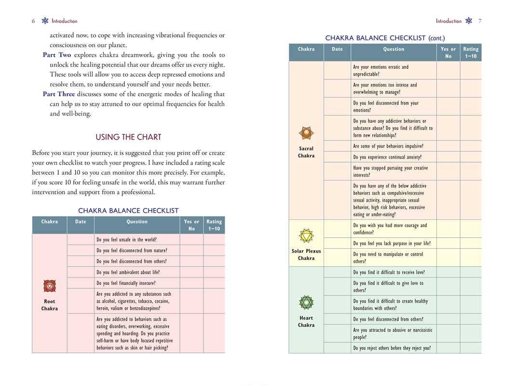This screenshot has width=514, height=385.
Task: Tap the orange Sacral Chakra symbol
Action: point(306,133)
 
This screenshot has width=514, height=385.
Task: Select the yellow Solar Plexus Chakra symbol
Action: point(306,236)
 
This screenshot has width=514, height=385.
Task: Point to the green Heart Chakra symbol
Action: point(306,303)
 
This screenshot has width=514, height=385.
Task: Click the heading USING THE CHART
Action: point(128,137)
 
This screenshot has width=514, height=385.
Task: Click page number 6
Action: point(33,21)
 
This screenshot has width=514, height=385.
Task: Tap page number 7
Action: point(480,21)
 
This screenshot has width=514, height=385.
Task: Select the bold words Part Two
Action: point(57,55)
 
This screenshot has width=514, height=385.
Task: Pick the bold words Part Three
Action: point(59,94)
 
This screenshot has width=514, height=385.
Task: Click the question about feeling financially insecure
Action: point(126,283)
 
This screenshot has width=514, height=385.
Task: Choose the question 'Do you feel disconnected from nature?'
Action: point(132,251)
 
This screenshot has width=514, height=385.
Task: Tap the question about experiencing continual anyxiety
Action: point(387,157)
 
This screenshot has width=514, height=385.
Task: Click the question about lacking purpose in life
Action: point(392,244)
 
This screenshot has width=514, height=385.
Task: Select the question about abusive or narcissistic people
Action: point(392,334)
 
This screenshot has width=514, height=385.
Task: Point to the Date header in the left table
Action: point(81,222)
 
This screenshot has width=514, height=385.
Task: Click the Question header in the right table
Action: point(393,49)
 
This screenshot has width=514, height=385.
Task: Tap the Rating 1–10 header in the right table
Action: point(471,52)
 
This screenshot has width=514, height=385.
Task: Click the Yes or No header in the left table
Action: point(191,225)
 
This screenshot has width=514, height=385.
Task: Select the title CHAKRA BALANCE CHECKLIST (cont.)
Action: point(385,38)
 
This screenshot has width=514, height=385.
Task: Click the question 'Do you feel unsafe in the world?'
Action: point(126,240)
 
